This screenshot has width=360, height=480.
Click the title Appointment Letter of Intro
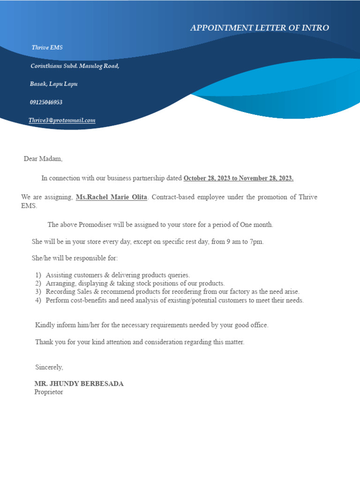pos(259,28)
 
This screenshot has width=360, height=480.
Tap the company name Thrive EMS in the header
pos(47,48)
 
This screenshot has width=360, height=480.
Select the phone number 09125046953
pos(46,102)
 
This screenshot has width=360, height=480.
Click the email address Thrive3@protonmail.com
pos(62,120)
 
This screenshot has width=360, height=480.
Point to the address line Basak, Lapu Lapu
pos(53,84)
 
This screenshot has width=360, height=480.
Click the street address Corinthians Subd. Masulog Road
pos(75,66)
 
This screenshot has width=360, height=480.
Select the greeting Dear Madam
pos(43,159)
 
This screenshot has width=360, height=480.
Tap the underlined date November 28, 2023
pos(266,178)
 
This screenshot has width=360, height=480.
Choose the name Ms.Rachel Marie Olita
pos(112,197)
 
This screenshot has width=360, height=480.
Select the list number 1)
pos(38,275)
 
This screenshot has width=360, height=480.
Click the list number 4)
pos(38,300)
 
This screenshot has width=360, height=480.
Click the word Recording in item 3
pos(60,292)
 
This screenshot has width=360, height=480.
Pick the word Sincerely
pos(49,367)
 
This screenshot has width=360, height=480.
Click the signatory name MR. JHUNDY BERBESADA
pos(79,383)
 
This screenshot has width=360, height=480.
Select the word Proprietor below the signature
pos(48,392)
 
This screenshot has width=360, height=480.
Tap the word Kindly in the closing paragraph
pos(44,325)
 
